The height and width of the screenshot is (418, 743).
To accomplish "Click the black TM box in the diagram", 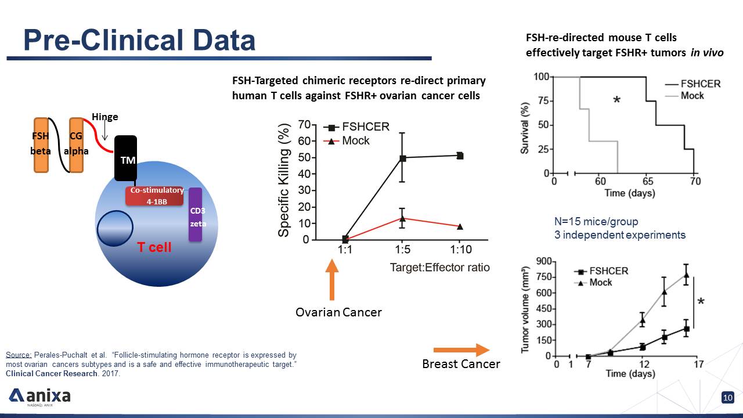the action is pyautogui.click(x=126, y=158).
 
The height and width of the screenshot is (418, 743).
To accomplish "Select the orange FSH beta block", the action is pyautogui.click(x=41, y=145).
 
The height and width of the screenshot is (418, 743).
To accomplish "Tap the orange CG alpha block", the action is pyautogui.click(x=76, y=145).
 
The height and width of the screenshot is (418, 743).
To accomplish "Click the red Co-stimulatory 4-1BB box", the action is pyautogui.click(x=154, y=196).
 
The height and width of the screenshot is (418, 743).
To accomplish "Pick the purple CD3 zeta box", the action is pyautogui.click(x=196, y=214).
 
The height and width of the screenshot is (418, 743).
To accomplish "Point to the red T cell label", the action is pyautogui.click(x=154, y=247).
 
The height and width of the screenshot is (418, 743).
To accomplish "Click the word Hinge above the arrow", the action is pyautogui.click(x=105, y=117).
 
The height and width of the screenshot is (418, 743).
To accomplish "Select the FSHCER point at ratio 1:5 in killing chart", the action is pyautogui.click(x=402, y=158).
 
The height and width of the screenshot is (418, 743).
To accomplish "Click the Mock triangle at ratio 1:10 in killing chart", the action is pyautogui.click(x=460, y=226).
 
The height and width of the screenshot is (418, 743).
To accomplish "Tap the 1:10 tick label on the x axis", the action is pyautogui.click(x=461, y=249).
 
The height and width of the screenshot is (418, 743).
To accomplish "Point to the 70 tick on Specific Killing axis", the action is pyautogui.click(x=304, y=125).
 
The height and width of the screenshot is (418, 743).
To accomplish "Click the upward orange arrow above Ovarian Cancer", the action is pyautogui.click(x=332, y=279).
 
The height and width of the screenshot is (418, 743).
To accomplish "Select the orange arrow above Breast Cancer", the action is pyautogui.click(x=461, y=350).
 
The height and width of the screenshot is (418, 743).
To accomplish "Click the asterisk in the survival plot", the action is pyautogui.click(x=616, y=99).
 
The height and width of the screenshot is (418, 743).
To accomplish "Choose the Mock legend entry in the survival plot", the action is pyautogui.click(x=684, y=96).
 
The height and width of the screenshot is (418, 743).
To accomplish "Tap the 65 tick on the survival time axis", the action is pyautogui.click(x=647, y=181).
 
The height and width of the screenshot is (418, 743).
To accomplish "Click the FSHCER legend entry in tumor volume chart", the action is pyautogui.click(x=601, y=271).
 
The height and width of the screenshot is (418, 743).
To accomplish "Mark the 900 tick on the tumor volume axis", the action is pyautogui.click(x=544, y=261).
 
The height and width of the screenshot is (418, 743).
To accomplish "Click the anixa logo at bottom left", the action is pyautogui.click(x=39, y=397).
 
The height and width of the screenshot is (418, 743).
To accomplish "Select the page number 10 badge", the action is pyautogui.click(x=728, y=398).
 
